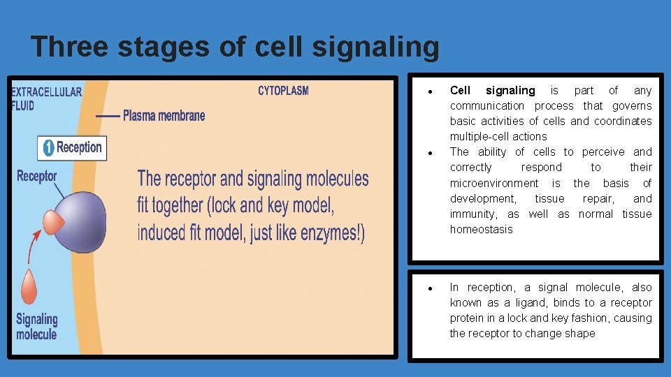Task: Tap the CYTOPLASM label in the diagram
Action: (x=283, y=91)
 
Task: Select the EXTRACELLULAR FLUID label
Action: (x=46, y=98)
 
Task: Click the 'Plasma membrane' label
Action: (x=164, y=115)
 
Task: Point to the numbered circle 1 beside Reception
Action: (x=48, y=148)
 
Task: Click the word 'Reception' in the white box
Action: (x=79, y=147)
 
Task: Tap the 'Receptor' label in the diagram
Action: (x=36, y=175)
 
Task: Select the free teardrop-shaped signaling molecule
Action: (x=29, y=286)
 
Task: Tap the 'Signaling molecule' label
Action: (x=36, y=327)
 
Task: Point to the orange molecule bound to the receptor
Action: (x=54, y=221)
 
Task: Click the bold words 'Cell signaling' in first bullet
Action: (x=492, y=90)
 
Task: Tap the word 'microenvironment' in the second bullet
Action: (x=493, y=183)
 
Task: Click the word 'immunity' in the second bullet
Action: (x=472, y=214)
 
